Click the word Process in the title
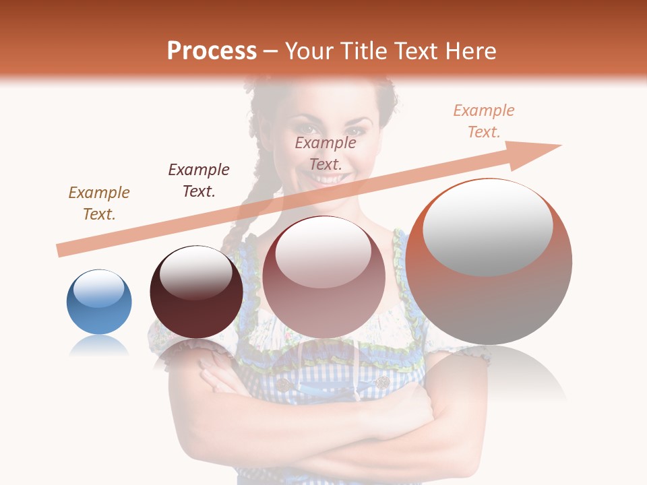[212, 51]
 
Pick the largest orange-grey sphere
[489, 263]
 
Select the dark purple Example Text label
[199, 181]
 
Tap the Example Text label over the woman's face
[326, 154]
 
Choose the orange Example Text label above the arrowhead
[484, 121]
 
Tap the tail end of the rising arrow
[62, 251]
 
